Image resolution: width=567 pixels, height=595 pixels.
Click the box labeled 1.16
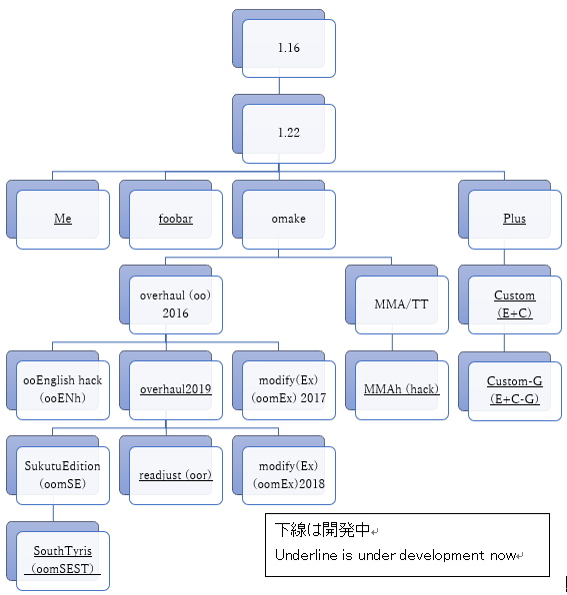tap(289, 48)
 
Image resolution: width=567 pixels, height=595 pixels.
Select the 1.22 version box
tap(289, 133)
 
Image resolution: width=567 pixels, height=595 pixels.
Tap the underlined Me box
tap(63, 220)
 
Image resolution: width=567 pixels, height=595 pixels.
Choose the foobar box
tap(176, 220)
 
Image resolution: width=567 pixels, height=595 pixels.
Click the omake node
tap(289, 220)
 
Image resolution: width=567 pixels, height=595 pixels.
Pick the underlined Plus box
tap(515, 220)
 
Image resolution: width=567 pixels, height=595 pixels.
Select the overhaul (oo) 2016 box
tap(176, 304)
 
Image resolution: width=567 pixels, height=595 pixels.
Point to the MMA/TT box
tap(402, 304)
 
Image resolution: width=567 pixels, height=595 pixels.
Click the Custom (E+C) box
tap(515, 304)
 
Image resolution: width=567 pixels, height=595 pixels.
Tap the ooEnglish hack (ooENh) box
tap(63, 390)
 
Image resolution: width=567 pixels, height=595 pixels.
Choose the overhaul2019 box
tap(176, 390)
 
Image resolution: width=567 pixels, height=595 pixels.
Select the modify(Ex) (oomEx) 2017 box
tap(289, 390)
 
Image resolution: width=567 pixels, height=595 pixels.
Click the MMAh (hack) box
tap(402, 390)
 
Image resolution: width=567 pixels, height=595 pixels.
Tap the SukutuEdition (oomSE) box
tap(63, 475)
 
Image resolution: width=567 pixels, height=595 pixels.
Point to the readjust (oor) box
tap(176, 475)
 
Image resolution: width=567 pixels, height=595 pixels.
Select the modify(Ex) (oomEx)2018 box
tap(289, 475)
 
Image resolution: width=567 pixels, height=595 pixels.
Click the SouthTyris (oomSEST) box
tap(63, 561)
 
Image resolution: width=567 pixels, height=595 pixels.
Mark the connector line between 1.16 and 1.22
tap(279, 86)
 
